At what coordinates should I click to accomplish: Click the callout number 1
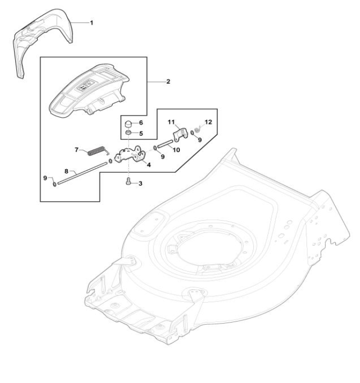[91, 23]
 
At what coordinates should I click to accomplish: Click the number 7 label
[77, 150]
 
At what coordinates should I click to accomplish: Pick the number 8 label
[66, 171]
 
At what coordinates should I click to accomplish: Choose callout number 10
[177, 149]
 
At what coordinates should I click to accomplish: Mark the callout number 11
[171, 122]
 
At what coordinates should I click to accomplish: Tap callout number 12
[208, 121]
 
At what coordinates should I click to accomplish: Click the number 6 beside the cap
[141, 122]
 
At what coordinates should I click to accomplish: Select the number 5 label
[141, 133]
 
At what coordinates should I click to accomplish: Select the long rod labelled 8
[81, 173]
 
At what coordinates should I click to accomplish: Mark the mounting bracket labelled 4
[130, 156]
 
